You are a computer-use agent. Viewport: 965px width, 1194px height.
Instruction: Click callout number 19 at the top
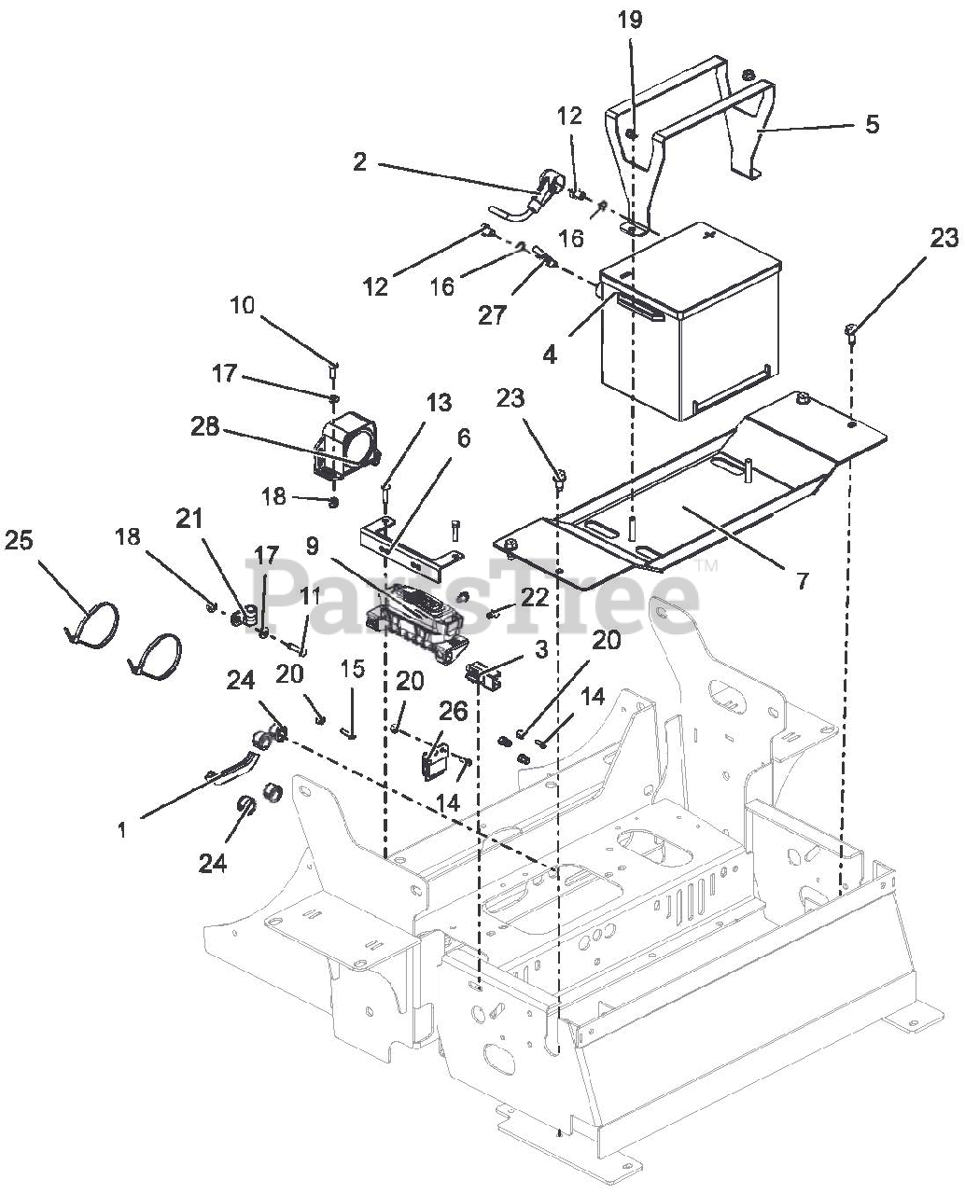(x=630, y=20)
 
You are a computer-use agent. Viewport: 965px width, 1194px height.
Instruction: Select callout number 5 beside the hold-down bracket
(x=872, y=124)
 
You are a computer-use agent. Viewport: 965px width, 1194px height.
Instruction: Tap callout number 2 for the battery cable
(x=359, y=162)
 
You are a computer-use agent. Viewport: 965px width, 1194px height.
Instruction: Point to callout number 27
(x=492, y=315)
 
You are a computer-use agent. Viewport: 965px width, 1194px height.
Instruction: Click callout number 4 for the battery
(x=550, y=354)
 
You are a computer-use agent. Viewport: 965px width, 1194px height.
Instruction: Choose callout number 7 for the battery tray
(x=803, y=581)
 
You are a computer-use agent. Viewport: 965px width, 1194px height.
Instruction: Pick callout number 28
(x=204, y=427)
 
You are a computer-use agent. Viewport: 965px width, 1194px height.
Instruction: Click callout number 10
(x=243, y=306)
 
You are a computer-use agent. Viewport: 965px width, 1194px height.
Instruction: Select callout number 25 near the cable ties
(x=19, y=540)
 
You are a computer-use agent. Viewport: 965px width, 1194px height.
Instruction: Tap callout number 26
(x=453, y=712)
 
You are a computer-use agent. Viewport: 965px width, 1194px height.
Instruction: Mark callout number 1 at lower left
(x=122, y=830)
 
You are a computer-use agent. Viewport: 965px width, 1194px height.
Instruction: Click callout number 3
(x=540, y=650)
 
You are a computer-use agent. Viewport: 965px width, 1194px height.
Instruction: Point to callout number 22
(x=534, y=598)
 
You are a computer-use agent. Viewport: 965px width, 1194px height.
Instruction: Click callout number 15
(x=352, y=669)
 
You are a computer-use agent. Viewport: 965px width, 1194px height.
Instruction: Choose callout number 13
(x=439, y=402)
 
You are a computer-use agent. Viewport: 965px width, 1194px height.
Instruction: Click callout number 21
(x=189, y=519)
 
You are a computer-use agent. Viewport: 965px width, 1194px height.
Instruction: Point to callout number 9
(x=313, y=545)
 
